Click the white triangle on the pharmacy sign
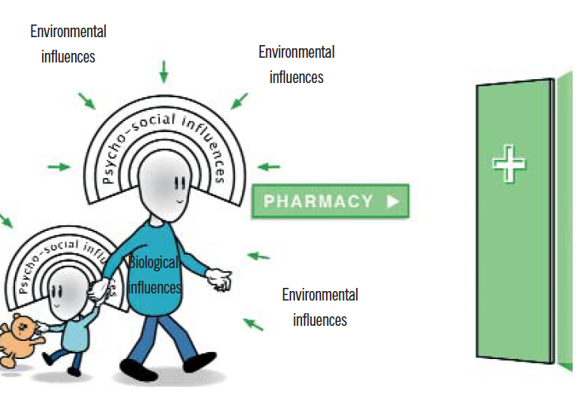tap(392, 201)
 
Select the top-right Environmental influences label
tap(297, 64)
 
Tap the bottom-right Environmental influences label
tap(320, 307)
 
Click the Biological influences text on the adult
tap(155, 274)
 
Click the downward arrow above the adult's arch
tap(164, 72)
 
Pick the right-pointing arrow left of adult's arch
tap(59, 167)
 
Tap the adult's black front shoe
tap(193, 363)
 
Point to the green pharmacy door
tap(514, 221)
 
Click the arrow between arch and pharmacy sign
tap(269, 167)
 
